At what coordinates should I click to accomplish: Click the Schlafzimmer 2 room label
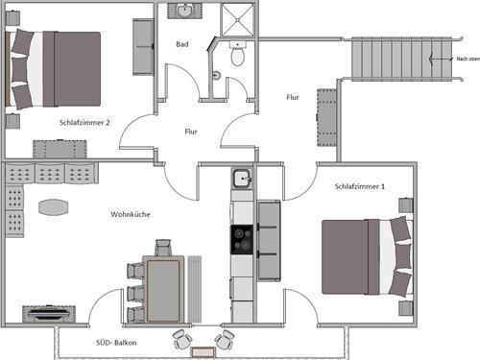(x=84, y=123)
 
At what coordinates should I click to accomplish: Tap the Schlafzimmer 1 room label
(x=360, y=186)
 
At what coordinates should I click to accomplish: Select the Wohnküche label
(x=131, y=214)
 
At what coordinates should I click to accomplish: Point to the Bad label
(x=182, y=44)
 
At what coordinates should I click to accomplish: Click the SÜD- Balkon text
(x=116, y=343)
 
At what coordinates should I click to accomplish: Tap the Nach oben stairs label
(x=468, y=59)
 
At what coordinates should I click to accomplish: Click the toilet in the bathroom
(x=237, y=53)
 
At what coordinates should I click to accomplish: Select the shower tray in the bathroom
(x=237, y=20)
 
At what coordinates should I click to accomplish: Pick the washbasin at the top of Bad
(x=184, y=11)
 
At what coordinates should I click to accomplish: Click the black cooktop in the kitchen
(x=242, y=240)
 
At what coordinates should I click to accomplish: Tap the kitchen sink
(x=242, y=179)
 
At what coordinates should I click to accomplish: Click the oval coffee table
(x=54, y=207)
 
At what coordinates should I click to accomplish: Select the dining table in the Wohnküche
(x=163, y=289)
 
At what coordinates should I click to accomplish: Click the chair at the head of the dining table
(x=163, y=248)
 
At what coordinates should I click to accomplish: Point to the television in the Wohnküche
(x=49, y=314)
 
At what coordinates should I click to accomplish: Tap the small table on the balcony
(x=203, y=352)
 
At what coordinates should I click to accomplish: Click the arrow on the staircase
(x=442, y=59)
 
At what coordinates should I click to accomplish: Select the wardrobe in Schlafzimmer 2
(x=143, y=47)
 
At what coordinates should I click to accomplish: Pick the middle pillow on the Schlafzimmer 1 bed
(x=403, y=256)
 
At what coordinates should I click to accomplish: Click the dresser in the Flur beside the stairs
(x=327, y=117)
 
